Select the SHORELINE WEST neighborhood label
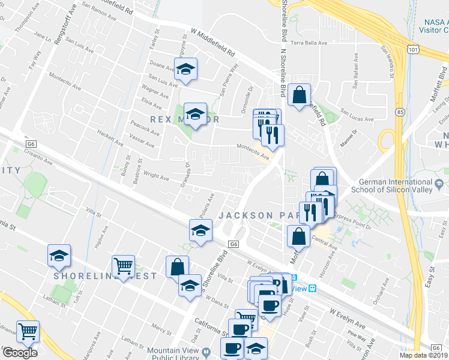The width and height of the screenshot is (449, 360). pyautogui.click(x=105, y=276)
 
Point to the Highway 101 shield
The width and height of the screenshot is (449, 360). pyautogui.click(x=411, y=47)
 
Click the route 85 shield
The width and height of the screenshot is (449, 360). pyautogui.click(x=400, y=112)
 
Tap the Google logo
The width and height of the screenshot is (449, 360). pyautogui.click(x=20, y=353)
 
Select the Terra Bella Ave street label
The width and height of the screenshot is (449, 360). pyautogui.click(x=309, y=43)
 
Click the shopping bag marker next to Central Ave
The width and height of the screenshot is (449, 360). pyautogui.click(x=298, y=236)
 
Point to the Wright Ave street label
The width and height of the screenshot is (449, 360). pyautogui.click(x=156, y=176)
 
